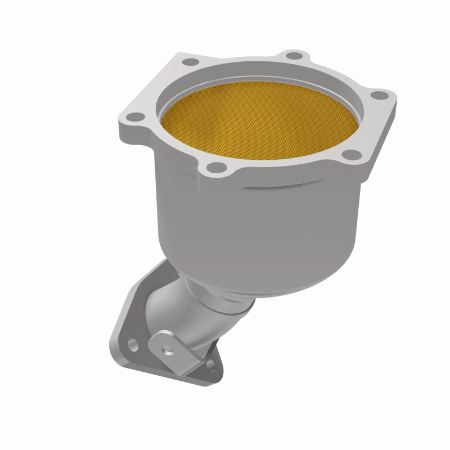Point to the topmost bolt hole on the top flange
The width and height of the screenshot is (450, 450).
tap(292, 55)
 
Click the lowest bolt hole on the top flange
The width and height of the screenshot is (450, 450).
tap(215, 166)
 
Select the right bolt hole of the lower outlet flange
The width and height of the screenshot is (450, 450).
tap(210, 364)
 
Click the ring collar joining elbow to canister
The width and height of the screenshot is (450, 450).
tap(225, 304)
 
